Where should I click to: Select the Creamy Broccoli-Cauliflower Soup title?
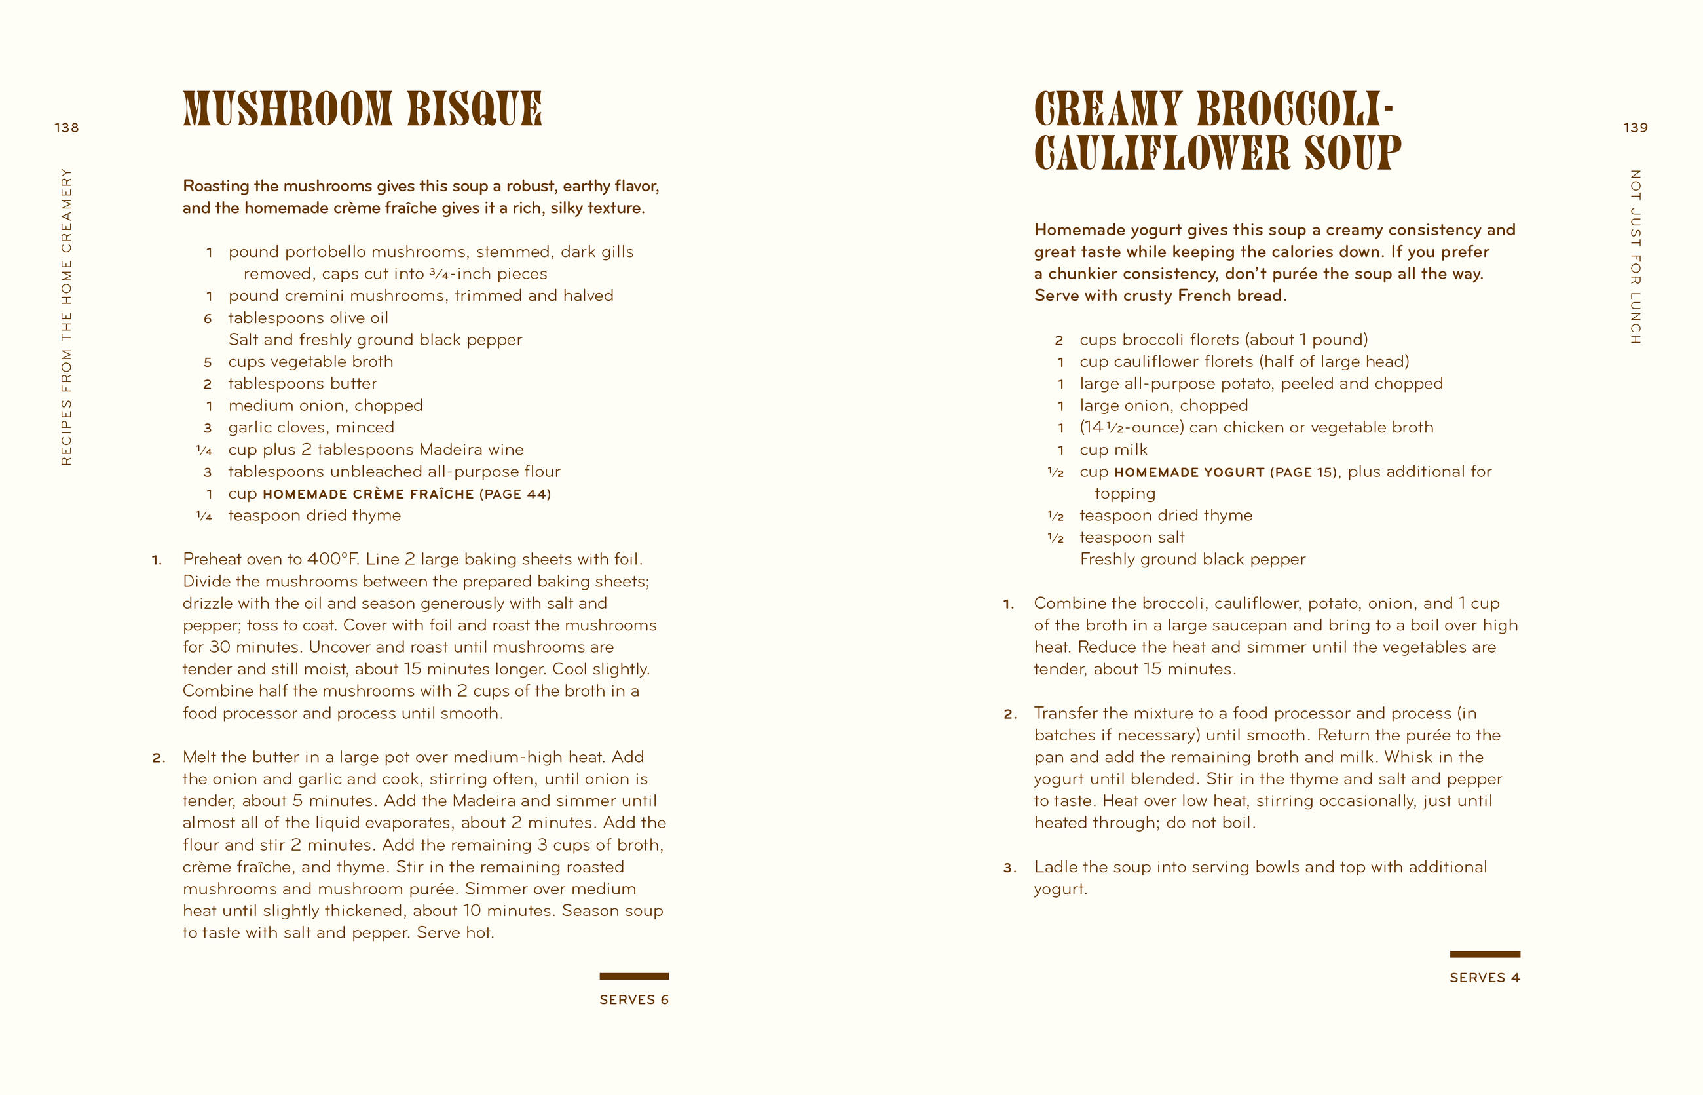click(x=1216, y=131)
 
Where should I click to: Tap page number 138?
click(x=67, y=128)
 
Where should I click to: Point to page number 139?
click(x=1635, y=128)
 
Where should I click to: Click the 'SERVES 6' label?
click(x=633, y=1000)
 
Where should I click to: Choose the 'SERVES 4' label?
click(x=1484, y=978)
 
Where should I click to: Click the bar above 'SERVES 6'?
click(x=633, y=976)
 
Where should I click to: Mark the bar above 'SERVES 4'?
click(x=1484, y=954)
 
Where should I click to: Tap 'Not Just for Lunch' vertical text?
click(x=1635, y=257)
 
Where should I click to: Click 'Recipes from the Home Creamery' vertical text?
click(x=67, y=317)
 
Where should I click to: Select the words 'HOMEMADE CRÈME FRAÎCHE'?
click(x=367, y=494)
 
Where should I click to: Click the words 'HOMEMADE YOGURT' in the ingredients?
click(x=1188, y=472)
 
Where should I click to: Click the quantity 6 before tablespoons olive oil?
click(x=208, y=318)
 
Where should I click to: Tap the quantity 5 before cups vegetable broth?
click(x=208, y=362)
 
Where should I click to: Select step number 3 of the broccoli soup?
click(x=1009, y=868)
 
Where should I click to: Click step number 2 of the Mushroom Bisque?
click(x=158, y=758)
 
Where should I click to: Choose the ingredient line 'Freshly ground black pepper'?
click(x=1192, y=560)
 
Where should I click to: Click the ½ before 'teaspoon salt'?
click(x=1055, y=538)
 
